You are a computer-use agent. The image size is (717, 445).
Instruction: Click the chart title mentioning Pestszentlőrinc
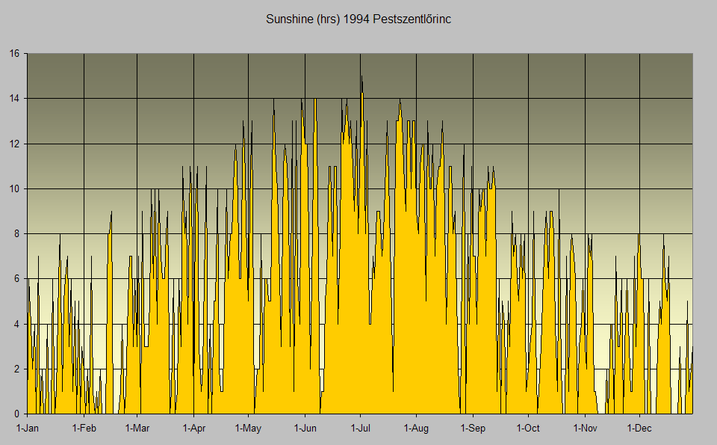358,19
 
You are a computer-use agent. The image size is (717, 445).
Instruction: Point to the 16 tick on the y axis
14,53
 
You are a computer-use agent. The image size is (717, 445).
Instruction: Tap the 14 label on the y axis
14,98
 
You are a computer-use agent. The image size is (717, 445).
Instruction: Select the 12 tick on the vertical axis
14,144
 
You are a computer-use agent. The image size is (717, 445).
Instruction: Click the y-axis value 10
14,188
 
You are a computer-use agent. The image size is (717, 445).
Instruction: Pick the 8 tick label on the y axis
16,233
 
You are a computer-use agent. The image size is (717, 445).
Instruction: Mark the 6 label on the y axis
16,279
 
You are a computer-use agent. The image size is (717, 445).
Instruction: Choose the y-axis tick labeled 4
16,324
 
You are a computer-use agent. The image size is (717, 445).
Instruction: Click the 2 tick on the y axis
16,369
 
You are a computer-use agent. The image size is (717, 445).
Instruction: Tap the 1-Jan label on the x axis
27,429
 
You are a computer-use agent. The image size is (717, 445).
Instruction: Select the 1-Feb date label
84,429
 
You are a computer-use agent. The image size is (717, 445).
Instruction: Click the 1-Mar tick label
137,429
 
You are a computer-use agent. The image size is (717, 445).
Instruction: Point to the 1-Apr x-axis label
193,429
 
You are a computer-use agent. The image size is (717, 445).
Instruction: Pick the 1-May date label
248,429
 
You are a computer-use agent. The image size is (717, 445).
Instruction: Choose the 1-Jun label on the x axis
305,429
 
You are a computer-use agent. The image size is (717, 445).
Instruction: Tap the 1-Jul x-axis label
360,429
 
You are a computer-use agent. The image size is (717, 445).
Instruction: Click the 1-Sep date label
473,429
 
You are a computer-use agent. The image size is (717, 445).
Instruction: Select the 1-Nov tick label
585,429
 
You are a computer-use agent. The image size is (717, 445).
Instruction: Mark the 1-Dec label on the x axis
639,429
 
